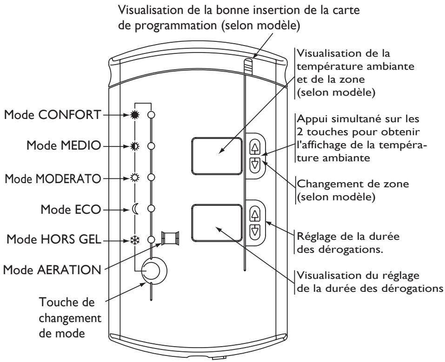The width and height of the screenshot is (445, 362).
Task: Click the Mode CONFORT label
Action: pyautogui.click(x=53, y=115)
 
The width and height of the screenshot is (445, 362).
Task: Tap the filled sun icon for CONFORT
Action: pyautogui.click(x=135, y=115)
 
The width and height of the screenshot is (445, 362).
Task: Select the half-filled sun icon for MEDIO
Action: pyautogui.click(x=135, y=146)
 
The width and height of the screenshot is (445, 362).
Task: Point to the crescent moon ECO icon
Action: pyautogui.click(x=135, y=210)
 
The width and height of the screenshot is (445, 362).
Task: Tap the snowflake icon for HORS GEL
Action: pyautogui.click(x=133, y=240)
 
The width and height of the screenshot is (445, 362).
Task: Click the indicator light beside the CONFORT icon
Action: pyautogui.click(x=152, y=115)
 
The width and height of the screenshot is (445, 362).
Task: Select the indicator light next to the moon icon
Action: pyautogui.click(x=152, y=209)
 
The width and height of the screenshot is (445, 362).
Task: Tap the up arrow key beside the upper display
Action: pyautogui.click(x=255, y=147)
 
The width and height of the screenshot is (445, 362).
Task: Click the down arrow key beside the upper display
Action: pyautogui.click(x=255, y=165)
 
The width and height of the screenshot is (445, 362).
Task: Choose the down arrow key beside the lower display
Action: pyautogui.click(x=255, y=231)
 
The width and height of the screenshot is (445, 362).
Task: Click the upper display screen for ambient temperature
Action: pyautogui.click(x=217, y=156)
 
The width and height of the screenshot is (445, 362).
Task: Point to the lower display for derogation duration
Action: pyautogui.click(x=217, y=223)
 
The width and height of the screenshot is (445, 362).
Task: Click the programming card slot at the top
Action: pyautogui.click(x=249, y=66)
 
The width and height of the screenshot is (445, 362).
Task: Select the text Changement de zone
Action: pyautogui.click(x=353, y=184)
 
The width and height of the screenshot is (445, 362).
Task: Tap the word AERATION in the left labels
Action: pyautogui.click(x=69, y=270)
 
